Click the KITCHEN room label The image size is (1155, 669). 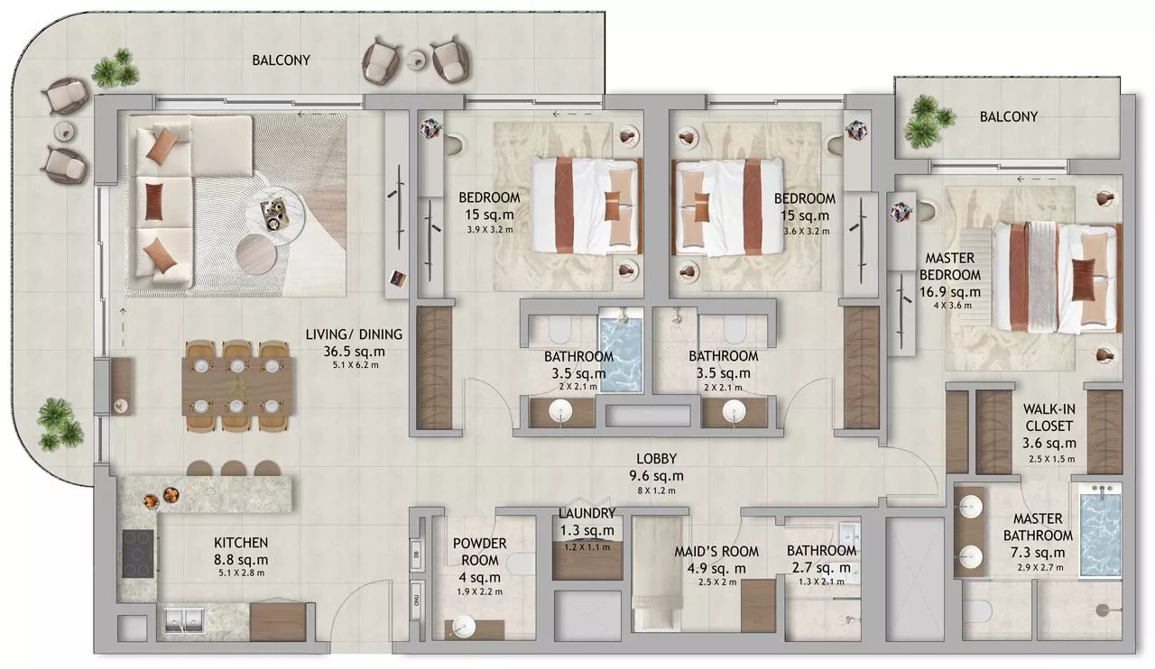(241, 543)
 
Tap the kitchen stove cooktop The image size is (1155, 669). (138, 554)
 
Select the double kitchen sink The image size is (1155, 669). (184, 620)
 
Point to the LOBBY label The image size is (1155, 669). (656, 458)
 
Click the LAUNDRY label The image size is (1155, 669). (587, 513)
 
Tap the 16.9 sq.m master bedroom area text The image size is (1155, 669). (950, 292)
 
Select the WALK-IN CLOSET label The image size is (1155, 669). (1049, 417)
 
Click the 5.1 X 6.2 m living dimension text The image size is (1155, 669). (356, 365)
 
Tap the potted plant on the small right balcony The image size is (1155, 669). (929, 121)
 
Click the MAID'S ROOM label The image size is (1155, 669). (716, 552)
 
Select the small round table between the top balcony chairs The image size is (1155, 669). (417, 60)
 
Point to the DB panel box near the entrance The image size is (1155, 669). (416, 554)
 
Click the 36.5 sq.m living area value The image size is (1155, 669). (354, 352)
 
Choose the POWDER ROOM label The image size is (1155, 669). (479, 552)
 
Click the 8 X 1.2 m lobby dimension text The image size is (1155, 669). (656, 490)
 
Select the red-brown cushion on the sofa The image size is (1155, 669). (153, 202)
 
